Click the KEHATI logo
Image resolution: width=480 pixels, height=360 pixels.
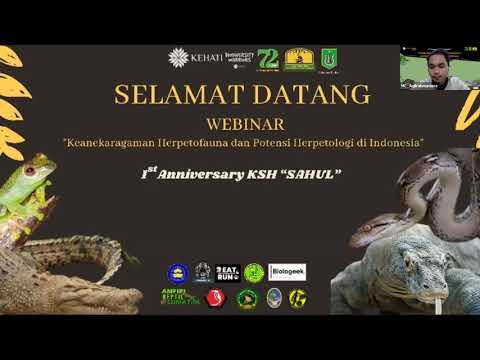(x=189, y=58)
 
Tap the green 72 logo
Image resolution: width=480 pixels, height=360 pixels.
(x=267, y=60)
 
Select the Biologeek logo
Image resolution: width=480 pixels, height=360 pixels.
(x=287, y=271)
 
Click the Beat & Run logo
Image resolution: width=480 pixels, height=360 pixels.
(x=228, y=272)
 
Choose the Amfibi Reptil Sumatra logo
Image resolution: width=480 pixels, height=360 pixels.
(x=177, y=297)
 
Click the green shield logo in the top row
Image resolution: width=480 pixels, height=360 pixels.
(x=327, y=60)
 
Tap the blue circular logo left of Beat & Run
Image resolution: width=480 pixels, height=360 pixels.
(x=177, y=272)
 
